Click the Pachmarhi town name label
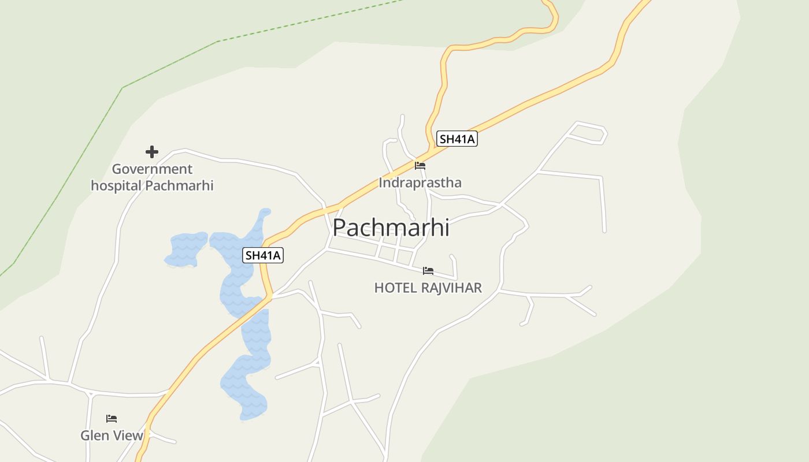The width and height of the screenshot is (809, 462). (x=391, y=228)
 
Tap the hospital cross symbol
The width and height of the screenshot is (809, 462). (x=152, y=152)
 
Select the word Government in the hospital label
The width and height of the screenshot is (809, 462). (x=152, y=169)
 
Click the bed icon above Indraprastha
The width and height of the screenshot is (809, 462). (x=420, y=166)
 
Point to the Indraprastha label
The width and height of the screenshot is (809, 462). (x=420, y=183)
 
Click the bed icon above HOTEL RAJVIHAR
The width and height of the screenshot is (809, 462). (x=428, y=270)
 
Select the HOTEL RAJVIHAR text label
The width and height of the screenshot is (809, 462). (x=428, y=288)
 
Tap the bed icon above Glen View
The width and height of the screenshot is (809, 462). (x=112, y=418)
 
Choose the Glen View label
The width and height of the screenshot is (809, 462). (x=112, y=435)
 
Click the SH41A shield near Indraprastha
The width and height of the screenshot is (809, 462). (x=457, y=139)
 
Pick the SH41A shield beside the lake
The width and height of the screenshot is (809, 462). (x=263, y=255)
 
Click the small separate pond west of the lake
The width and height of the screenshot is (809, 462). (x=186, y=248)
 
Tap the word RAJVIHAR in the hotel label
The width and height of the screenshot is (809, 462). (x=452, y=288)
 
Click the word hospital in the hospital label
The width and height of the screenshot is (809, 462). (x=116, y=185)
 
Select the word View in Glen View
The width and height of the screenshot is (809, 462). (x=128, y=435)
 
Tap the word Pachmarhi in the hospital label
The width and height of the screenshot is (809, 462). (x=179, y=185)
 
